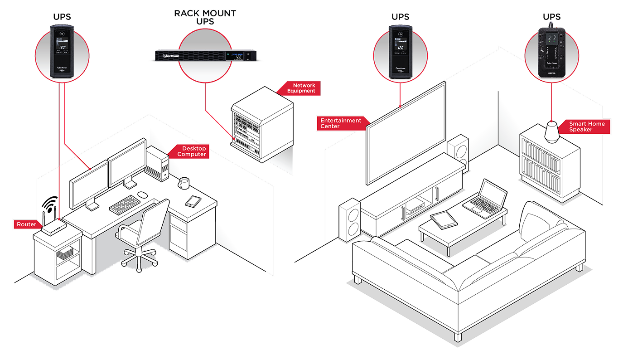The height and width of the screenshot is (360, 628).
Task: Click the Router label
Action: coord(26,224)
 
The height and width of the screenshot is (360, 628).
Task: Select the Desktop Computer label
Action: coord(192,151)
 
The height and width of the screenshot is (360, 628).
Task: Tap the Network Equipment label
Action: coord(303,88)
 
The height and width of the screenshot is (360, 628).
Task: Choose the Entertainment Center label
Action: coord(341,123)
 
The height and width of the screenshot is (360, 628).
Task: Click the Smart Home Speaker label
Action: coord(586,126)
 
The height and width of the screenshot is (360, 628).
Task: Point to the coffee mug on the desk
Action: coord(184,183)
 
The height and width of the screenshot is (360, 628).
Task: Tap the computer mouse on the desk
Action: coord(142,194)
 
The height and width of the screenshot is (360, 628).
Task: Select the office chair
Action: coord(140,231)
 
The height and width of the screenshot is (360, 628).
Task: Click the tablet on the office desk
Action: coord(193,201)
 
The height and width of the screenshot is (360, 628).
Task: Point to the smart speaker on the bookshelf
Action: coord(551,132)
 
